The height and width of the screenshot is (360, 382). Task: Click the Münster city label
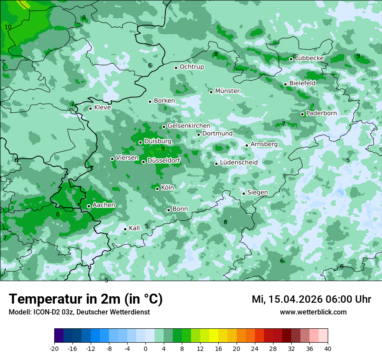click(227, 91)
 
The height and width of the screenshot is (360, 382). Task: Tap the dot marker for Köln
click(158, 188)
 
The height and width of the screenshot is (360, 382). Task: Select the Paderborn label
click(321, 113)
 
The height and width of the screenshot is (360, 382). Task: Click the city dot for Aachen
click(89, 206)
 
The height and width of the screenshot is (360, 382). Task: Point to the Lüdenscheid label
click(239, 163)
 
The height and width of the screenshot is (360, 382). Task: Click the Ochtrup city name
click(191, 67)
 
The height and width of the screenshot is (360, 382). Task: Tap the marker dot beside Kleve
click(90, 108)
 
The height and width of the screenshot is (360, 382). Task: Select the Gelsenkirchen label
click(189, 126)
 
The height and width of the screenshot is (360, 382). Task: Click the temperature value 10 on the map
click(8, 27)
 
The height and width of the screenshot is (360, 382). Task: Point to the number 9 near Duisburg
click(163, 149)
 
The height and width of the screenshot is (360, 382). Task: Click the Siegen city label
click(257, 193)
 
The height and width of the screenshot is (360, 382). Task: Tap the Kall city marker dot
click(125, 229)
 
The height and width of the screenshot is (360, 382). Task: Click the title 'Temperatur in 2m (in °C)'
click(86, 299)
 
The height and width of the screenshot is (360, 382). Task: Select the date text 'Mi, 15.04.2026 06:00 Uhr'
click(311, 299)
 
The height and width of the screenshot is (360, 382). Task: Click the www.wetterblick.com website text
click(313, 312)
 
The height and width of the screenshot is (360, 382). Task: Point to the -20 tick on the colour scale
click(54, 348)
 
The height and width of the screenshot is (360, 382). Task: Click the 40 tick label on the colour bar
click(327, 348)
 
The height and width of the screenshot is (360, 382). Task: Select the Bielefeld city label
click(302, 83)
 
